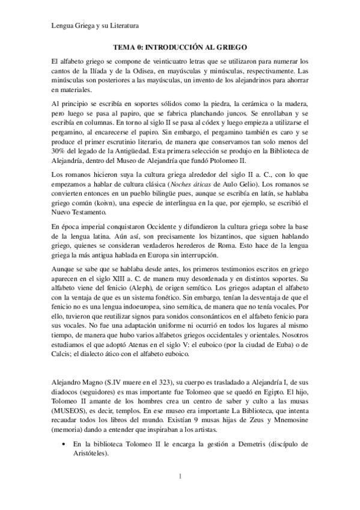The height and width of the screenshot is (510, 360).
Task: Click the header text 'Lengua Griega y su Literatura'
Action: point(96,26)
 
